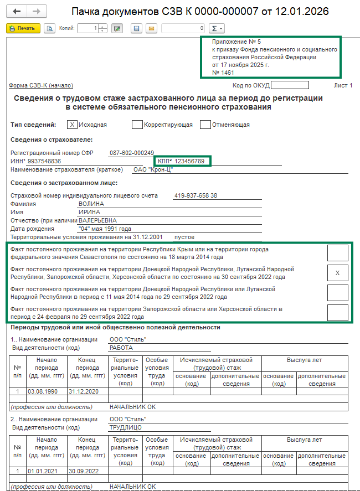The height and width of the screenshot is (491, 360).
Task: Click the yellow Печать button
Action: (23, 28)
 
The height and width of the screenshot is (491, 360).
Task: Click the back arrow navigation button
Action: (17, 11)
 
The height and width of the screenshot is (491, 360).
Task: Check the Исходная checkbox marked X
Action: (72, 125)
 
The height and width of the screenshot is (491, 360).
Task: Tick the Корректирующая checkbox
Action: (137, 125)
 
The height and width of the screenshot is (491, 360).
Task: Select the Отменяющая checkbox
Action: (205, 125)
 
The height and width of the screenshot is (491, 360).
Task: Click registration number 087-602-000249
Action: (131, 153)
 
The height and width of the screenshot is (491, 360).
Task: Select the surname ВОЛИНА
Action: (91, 204)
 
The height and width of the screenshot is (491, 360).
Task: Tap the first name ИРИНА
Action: (90, 212)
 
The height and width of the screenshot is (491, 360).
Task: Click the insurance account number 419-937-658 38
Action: (195, 195)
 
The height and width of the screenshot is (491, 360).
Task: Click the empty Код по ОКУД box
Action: (290, 85)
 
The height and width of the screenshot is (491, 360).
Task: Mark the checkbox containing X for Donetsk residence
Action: (337, 273)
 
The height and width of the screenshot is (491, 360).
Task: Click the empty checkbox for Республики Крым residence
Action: (337, 253)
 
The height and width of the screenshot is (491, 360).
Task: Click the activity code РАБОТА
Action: (122, 348)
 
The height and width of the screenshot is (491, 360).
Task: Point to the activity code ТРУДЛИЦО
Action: (126, 427)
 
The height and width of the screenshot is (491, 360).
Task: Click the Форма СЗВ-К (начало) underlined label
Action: (41, 85)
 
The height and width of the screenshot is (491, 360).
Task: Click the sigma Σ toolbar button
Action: (218, 28)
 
